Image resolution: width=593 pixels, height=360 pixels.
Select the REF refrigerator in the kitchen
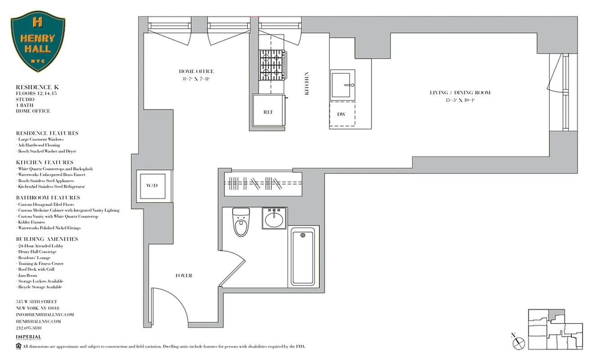[269, 112]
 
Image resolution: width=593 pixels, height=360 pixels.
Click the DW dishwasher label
[341, 114]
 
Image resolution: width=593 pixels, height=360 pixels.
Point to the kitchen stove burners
[271, 65]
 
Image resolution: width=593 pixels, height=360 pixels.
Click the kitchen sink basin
[343, 85]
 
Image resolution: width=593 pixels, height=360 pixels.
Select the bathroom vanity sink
[274, 219]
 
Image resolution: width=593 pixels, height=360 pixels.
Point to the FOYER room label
[184, 275]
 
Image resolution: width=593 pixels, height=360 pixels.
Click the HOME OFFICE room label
[196, 71]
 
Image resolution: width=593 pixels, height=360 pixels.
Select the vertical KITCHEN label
[307, 83]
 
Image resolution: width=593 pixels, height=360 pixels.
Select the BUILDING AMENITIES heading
[47, 239]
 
